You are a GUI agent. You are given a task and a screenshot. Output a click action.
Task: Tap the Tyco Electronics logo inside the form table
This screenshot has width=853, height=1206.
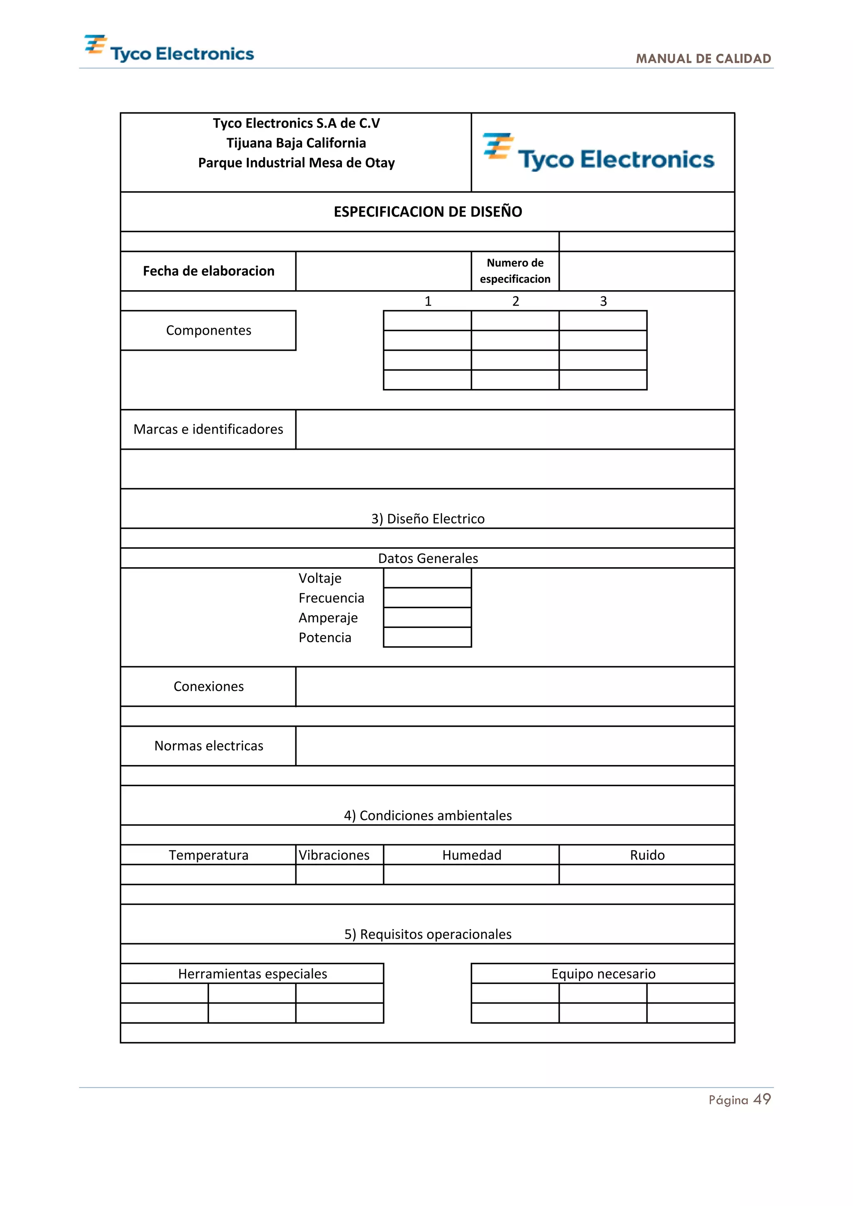[x=599, y=153]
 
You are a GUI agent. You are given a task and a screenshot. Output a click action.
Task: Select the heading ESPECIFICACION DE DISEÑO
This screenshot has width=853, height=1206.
[x=428, y=212]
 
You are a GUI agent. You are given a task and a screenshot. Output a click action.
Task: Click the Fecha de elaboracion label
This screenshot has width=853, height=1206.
[x=209, y=271]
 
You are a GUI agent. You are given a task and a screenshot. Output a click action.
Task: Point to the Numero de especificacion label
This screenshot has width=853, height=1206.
[x=515, y=271]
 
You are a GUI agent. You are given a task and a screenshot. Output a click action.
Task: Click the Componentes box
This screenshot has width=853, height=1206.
[x=209, y=330]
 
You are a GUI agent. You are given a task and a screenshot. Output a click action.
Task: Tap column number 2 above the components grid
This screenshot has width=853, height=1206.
[x=515, y=301]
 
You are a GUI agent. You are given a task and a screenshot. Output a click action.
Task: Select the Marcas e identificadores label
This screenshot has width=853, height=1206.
[x=209, y=429]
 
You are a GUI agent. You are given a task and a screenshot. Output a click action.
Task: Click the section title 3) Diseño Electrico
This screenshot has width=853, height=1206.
[x=428, y=518]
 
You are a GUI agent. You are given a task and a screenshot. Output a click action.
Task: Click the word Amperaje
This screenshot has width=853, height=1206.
[x=328, y=618]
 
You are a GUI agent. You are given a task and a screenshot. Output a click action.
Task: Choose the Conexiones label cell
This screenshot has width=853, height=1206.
[x=209, y=687]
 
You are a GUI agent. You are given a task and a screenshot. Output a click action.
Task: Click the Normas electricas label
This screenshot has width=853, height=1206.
[x=209, y=746]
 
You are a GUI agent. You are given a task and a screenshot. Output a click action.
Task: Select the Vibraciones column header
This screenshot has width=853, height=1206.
[x=334, y=855]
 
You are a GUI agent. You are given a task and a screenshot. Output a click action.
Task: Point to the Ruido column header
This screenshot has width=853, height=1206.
[x=647, y=855]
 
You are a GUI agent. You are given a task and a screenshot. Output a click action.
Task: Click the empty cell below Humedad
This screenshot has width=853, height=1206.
[x=471, y=875]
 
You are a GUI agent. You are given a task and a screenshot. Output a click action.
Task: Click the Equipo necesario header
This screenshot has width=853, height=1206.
[x=603, y=974]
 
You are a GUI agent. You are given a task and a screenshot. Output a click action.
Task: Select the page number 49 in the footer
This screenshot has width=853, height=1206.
[x=762, y=1099]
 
